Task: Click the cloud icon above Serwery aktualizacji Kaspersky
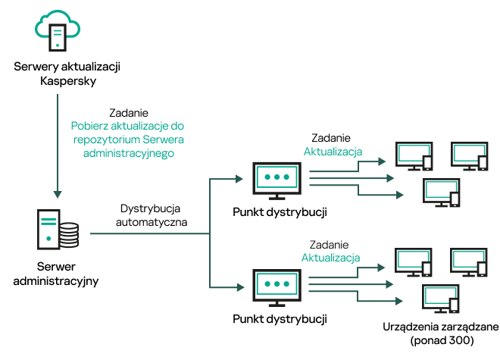[x=57, y=30]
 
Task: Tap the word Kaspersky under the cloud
[x=67, y=80]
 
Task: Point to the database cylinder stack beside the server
[x=69, y=235]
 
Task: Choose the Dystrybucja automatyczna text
[x=152, y=214]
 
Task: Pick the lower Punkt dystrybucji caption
[x=280, y=318]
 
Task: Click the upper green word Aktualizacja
[x=332, y=152]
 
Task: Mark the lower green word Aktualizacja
[x=332, y=258]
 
